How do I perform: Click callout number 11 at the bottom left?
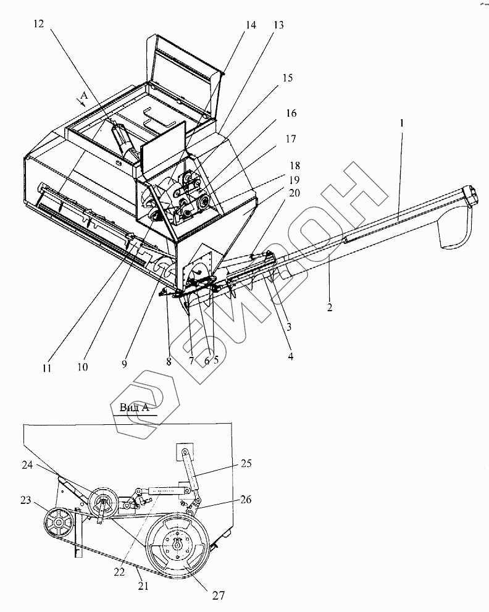point(47,368)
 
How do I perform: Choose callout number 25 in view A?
point(246,463)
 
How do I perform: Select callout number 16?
point(291,114)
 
